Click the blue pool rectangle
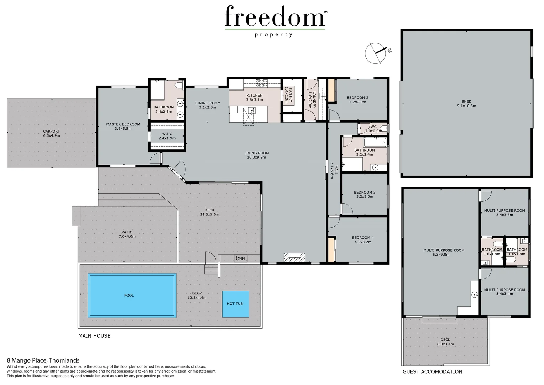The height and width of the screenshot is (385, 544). (132, 295)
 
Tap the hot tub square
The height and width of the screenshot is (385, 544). (235, 304)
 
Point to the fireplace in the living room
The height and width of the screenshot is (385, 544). (294, 258)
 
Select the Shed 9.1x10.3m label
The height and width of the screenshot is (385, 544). (466, 103)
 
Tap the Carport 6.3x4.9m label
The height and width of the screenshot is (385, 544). (52, 133)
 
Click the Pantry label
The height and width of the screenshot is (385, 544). (288, 95)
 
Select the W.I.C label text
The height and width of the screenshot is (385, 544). (167, 136)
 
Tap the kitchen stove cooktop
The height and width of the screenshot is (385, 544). (261, 83)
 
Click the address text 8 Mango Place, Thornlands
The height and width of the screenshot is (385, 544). (43, 360)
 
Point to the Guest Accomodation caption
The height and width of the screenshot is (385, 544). (432, 371)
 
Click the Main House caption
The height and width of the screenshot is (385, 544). (94, 335)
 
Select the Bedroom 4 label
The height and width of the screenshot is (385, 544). (363, 240)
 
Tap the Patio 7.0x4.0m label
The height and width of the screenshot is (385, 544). (127, 234)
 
